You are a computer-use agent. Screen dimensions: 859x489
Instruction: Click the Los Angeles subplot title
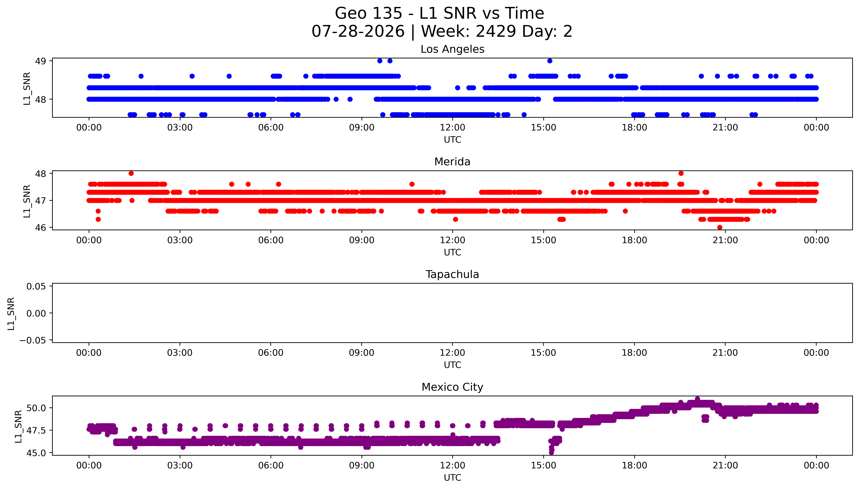452,49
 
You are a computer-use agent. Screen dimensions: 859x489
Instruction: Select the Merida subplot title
452,162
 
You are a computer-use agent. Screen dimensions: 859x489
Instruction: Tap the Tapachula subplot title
452,274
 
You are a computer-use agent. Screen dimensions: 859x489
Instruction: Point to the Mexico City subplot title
452,387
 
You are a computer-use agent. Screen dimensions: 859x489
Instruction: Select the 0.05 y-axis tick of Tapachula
36,286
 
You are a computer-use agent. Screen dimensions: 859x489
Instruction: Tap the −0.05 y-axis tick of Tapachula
33,340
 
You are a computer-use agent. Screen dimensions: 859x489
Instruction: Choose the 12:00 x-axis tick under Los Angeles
452,128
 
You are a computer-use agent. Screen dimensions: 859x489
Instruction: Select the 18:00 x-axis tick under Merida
634,240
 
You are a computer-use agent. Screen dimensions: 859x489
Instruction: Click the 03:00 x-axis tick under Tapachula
180,353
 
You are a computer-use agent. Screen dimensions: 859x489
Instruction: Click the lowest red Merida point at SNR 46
720,227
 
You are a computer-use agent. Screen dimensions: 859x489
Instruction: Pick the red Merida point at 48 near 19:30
681,173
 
